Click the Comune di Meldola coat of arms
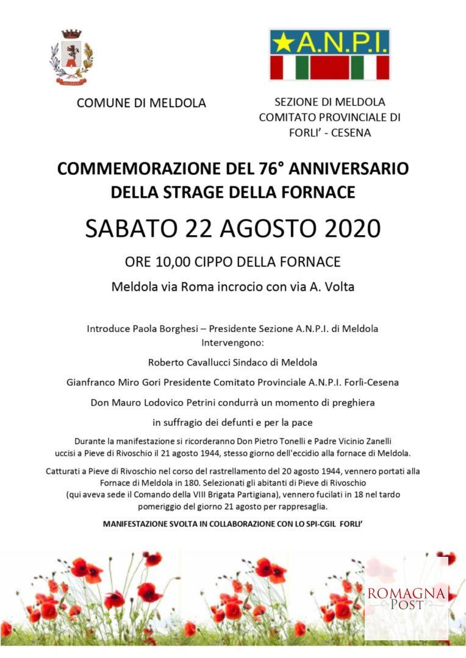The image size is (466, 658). tap(71, 58)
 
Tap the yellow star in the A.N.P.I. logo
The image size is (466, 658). tap(282, 43)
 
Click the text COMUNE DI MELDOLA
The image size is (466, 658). tap(141, 103)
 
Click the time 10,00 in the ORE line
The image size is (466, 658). tap(172, 262)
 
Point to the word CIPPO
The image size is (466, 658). tap(218, 262)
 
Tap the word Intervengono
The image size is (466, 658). tap(232, 343)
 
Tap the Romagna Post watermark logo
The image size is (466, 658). tap(406, 597)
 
